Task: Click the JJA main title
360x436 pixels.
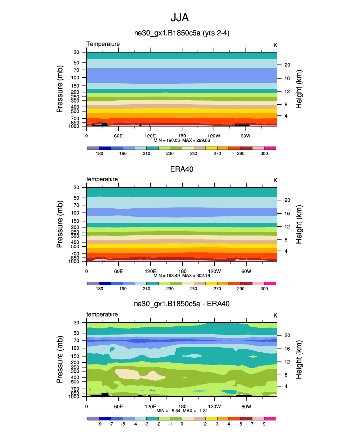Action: coord(179,18)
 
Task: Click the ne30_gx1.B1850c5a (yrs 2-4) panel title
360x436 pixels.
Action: coord(182,34)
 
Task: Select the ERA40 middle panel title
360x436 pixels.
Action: coord(182,169)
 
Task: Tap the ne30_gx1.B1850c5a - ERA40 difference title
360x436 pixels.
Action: coord(182,304)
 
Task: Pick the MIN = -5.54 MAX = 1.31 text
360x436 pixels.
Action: coord(182,410)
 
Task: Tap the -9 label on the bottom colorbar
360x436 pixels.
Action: coord(99,424)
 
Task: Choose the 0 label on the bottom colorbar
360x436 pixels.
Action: coord(182,424)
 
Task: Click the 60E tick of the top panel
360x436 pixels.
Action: coord(118,135)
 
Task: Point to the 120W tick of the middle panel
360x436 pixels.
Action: coord(214,270)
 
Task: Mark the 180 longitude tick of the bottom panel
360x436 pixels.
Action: coord(182,406)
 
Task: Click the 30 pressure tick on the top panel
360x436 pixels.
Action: coord(77,52)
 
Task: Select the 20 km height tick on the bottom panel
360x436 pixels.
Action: coord(286,335)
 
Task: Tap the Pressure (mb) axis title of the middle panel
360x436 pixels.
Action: coord(60,223)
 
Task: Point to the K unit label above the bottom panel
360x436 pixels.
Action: coord(276,315)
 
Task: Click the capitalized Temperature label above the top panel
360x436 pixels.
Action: coord(103,44)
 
